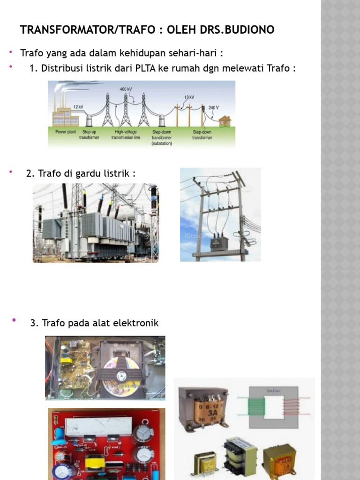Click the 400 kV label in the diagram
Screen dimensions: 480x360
(x=126, y=89)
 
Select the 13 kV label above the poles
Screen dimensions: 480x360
(x=189, y=97)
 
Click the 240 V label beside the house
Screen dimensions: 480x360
(x=213, y=107)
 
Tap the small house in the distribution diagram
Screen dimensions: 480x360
(x=225, y=121)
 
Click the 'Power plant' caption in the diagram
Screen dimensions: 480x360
(x=66, y=132)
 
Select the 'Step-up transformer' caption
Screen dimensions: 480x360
(x=89, y=135)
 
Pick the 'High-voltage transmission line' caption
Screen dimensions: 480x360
(x=126, y=135)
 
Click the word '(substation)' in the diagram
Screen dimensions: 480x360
(x=162, y=143)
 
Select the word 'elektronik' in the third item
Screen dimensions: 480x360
(x=139, y=323)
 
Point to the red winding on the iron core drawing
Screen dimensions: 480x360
(x=291, y=406)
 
